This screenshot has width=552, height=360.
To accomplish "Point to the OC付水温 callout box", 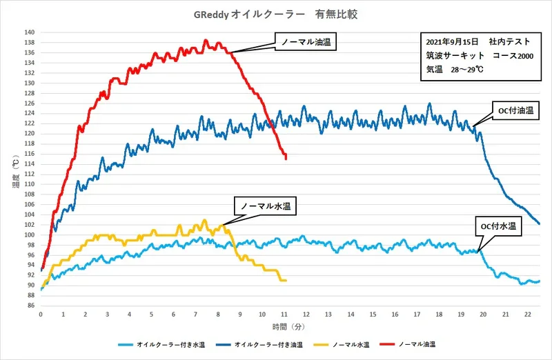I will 499,226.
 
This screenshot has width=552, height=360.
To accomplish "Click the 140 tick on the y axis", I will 30,32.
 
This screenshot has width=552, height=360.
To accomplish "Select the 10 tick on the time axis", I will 262,314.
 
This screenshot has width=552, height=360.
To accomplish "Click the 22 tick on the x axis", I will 528,314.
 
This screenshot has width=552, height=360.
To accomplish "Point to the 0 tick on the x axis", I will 41,314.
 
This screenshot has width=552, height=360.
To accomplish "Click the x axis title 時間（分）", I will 284,326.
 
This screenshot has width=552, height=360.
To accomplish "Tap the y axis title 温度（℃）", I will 14,170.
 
